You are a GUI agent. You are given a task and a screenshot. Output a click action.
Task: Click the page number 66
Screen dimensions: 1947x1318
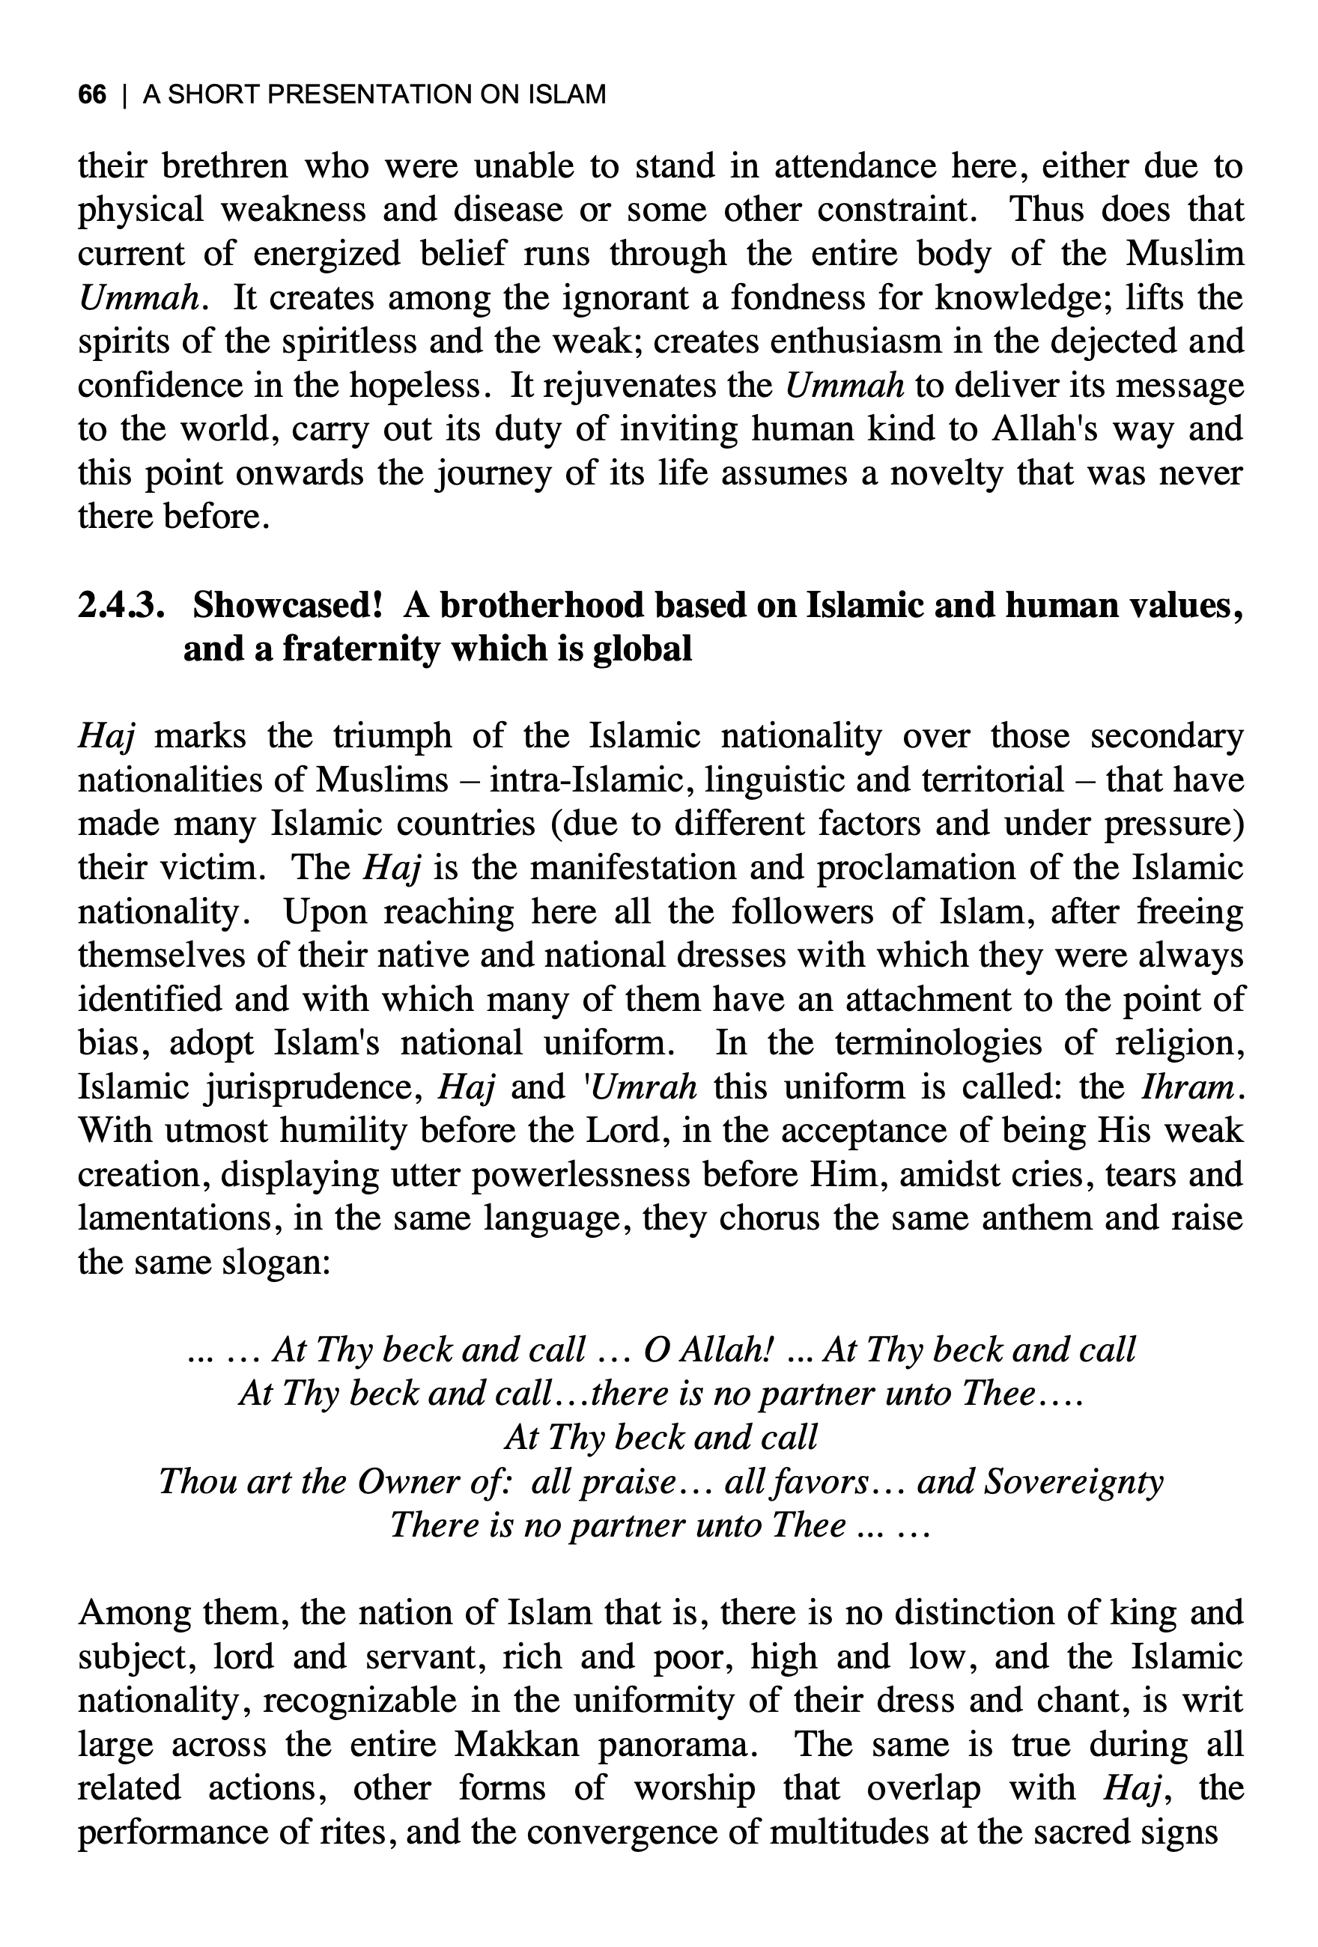tap(92, 94)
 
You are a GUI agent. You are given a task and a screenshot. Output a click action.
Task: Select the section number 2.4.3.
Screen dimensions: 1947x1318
tap(119, 605)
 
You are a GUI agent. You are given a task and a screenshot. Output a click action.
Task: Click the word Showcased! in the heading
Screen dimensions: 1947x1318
tap(288, 605)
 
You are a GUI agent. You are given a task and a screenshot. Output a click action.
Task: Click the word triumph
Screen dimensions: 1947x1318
tap(393, 735)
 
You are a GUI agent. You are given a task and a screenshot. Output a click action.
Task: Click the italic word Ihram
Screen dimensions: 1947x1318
tap(1188, 1087)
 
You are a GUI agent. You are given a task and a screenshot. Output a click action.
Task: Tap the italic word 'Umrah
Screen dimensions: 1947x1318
tap(639, 1087)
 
